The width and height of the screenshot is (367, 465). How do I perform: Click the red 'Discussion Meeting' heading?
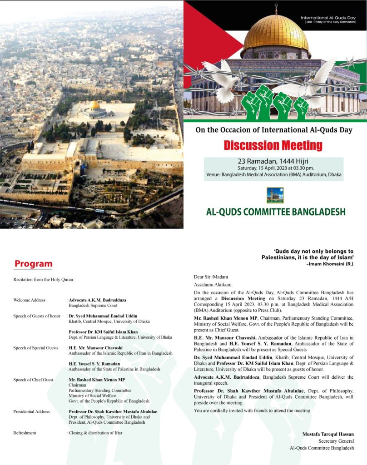[x=273, y=145]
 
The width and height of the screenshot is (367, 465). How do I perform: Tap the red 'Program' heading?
[x=33, y=264]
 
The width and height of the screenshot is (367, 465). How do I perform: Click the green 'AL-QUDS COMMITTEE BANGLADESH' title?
[x=276, y=212]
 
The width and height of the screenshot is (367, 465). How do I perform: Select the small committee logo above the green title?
[x=275, y=195]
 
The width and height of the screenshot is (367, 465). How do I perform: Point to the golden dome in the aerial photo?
[x=94, y=105]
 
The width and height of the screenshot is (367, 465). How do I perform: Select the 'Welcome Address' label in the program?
[x=29, y=300]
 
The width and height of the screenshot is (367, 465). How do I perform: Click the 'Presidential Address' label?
[x=31, y=412]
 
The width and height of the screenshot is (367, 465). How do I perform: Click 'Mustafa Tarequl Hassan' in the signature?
[x=328, y=434]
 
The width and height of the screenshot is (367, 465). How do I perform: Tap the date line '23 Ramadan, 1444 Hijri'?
[x=273, y=161]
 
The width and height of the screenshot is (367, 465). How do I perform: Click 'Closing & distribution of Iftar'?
[x=95, y=433]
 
